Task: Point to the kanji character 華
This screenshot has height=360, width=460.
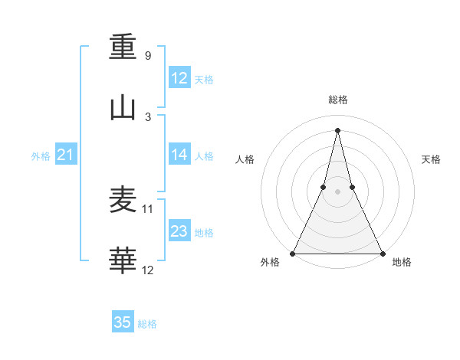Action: (123, 261)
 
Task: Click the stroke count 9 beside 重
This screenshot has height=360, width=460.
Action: (147, 56)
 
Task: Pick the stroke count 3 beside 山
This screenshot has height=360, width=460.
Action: (147, 117)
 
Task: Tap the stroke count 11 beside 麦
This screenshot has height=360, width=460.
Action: (148, 208)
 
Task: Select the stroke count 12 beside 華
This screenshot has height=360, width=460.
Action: (148, 270)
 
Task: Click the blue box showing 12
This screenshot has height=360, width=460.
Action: (179, 78)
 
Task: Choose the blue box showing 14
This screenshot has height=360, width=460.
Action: (179, 155)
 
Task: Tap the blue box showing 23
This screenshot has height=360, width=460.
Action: (179, 231)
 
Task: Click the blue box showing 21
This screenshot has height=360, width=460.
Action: (66, 155)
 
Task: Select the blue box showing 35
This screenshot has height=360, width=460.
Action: (123, 322)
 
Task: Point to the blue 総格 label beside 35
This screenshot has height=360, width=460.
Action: (147, 324)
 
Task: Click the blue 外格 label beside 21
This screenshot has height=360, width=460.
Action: (41, 156)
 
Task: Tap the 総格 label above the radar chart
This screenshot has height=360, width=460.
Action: (337, 100)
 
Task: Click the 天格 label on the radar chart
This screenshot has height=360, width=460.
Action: (431, 159)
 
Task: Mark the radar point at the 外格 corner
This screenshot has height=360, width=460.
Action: (293, 254)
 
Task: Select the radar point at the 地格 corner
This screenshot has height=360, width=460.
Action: (382, 254)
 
